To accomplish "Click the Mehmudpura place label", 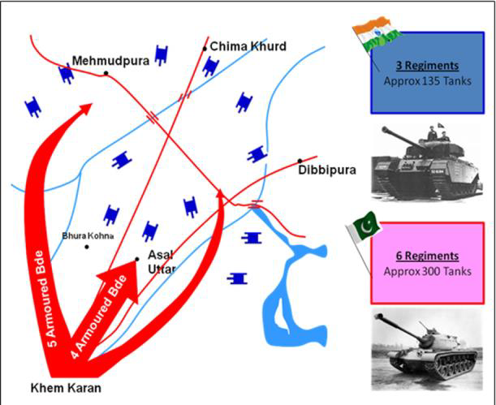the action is click(x=110, y=60).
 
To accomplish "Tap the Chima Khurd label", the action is click(x=248, y=46).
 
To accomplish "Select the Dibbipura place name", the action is click(x=327, y=170).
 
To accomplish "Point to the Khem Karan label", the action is click(x=66, y=388).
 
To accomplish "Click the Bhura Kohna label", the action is click(x=88, y=236).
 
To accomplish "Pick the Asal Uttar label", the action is click(x=162, y=262).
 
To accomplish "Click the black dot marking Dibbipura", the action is click(x=300, y=161).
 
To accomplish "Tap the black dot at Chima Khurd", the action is click(x=205, y=49).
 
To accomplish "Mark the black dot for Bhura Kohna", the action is click(x=87, y=247).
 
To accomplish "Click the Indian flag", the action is click(x=377, y=37).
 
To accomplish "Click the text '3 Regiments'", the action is click(x=427, y=66).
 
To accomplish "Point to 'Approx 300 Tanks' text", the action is click(x=427, y=271).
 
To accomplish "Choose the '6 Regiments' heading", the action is click(x=427, y=256).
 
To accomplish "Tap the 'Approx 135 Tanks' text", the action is click(x=427, y=81).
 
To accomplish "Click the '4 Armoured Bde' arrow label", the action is click(x=98, y=317).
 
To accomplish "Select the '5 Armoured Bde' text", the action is click(x=46, y=299).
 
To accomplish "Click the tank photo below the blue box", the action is click(x=427, y=162).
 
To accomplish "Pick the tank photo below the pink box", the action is click(x=427, y=350).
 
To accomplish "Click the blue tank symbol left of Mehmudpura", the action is click(x=67, y=74).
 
